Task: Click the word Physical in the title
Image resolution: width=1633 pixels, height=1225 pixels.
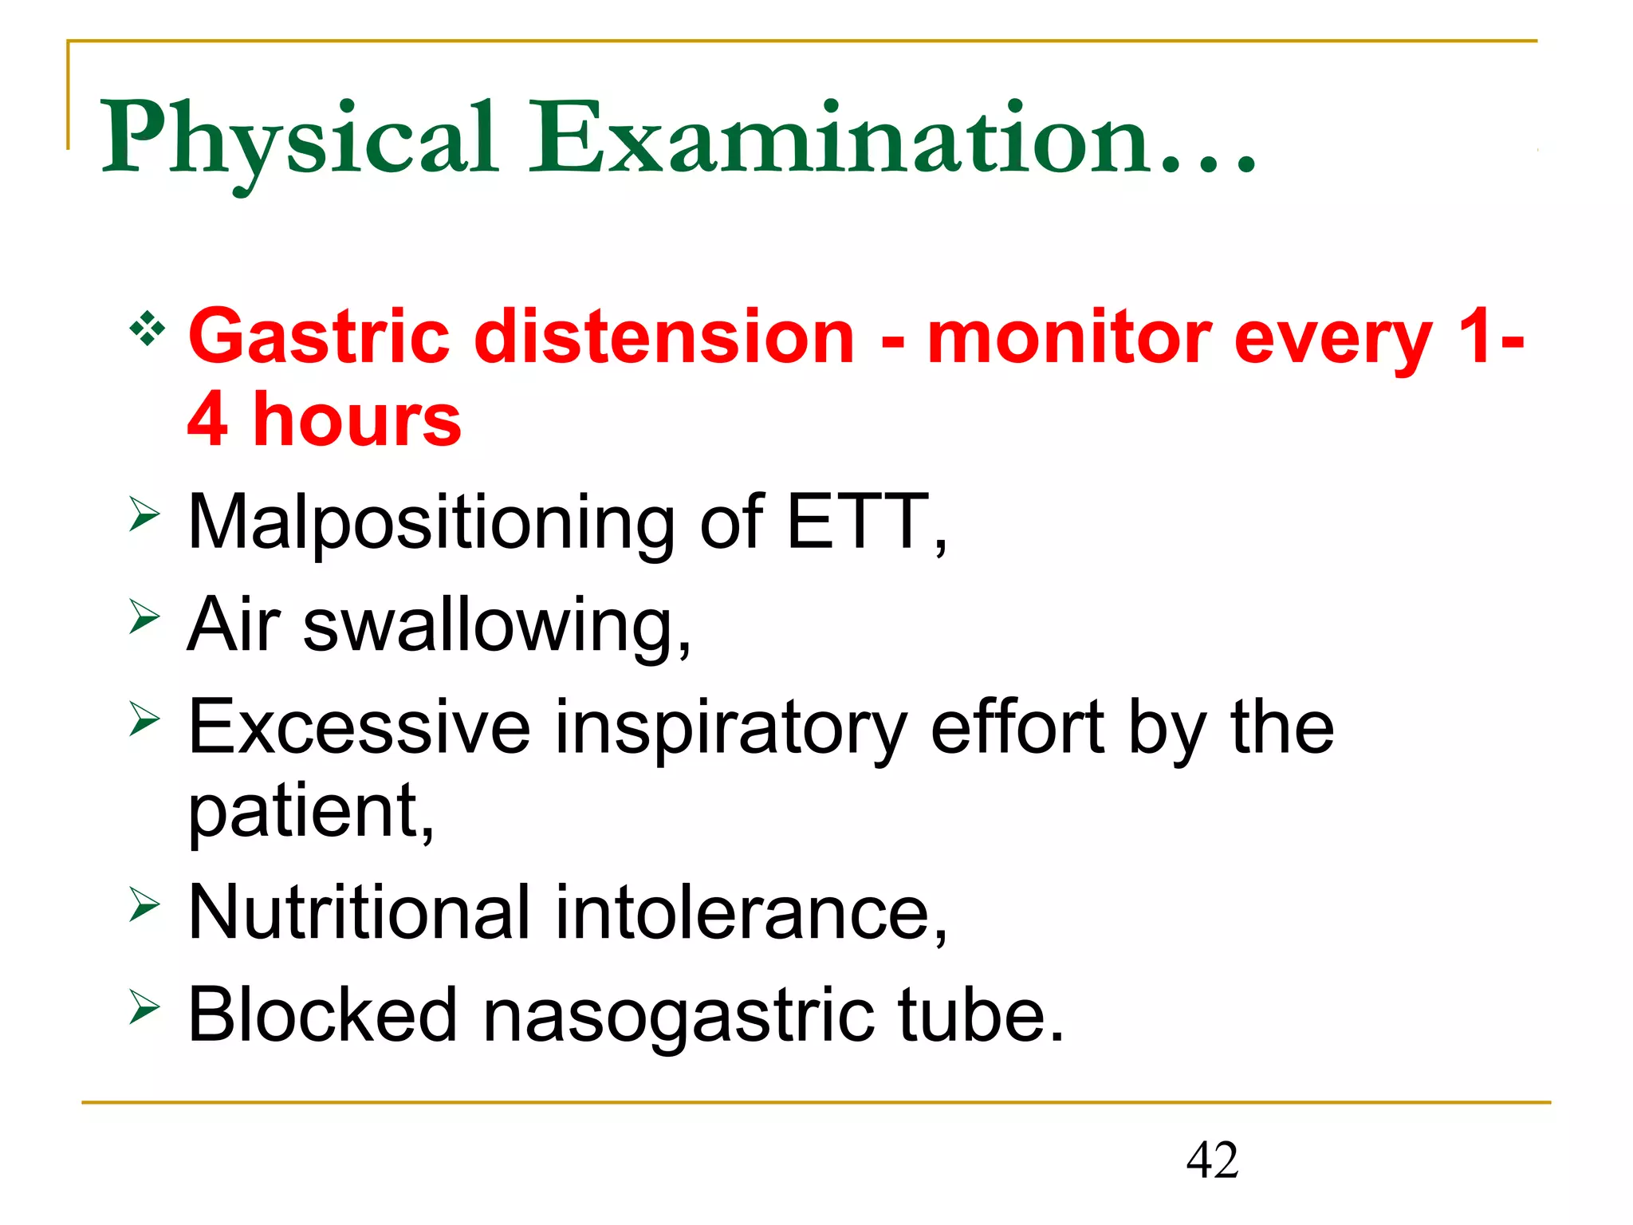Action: click(299, 140)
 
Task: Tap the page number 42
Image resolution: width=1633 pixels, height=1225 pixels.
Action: click(1212, 1160)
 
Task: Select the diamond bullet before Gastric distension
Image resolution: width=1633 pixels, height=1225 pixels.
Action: click(148, 328)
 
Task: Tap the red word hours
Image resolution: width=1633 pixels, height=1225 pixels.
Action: click(357, 420)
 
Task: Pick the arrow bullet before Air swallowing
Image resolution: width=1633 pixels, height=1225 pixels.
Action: click(144, 617)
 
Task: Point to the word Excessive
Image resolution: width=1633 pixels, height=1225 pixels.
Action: click(360, 727)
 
